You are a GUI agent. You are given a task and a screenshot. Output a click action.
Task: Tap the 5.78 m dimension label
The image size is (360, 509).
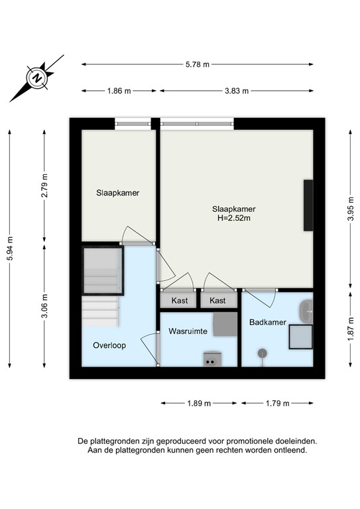(197, 64)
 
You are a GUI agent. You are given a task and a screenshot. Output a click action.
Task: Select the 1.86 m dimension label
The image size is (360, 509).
(119, 91)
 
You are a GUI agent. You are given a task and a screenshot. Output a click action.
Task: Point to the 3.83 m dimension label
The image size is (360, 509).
(236, 91)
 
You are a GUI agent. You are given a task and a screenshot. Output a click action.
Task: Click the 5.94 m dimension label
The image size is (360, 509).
(9, 249)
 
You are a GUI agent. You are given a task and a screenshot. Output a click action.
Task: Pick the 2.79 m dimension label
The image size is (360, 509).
(44, 186)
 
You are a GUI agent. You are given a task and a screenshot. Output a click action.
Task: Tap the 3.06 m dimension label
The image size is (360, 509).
(44, 306)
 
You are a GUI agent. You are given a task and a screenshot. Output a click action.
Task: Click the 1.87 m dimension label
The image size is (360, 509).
(351, 329)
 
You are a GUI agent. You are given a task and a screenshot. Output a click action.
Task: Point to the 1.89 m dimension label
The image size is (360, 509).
(199, 403)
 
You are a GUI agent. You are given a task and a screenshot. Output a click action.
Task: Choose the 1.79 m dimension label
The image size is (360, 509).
(277, 403)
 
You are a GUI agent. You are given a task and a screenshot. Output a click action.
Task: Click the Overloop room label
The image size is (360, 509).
(109, 345)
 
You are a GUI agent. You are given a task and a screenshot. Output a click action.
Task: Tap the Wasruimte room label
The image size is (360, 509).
(188, 330)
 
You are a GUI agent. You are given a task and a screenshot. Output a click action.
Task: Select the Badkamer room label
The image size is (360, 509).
(267, 322)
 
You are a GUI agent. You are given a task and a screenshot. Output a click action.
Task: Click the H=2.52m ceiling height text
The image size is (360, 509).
(233, 217)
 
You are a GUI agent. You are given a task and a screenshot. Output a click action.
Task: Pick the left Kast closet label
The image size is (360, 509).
(179, 300)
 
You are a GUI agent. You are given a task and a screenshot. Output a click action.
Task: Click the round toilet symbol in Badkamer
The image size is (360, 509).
(263, 353)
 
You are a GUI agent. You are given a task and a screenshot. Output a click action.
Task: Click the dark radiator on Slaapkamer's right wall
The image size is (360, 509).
(308, 205)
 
